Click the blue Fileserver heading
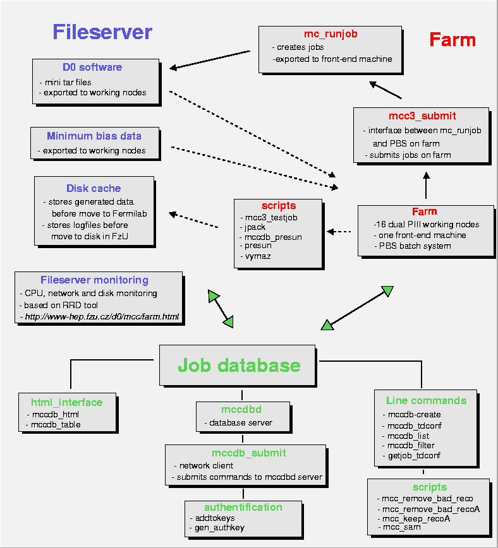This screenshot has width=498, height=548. [102, 32]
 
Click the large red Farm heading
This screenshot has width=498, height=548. [452, 40]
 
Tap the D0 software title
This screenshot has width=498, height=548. [92, 68]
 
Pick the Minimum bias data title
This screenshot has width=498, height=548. [94, 136]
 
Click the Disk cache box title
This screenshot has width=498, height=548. [94, 188]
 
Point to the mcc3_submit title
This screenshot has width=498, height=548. [422, 116]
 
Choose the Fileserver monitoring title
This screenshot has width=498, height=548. [94, 280]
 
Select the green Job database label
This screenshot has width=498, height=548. [239, 365]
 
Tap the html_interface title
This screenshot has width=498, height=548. [66, 402]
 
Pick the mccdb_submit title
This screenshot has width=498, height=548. [245, 453]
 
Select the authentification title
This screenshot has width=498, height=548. [243, 507]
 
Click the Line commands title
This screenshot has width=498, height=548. [427, 400]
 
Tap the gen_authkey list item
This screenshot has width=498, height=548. [219, 527]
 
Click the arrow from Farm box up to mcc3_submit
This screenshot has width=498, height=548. [426, 188]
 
